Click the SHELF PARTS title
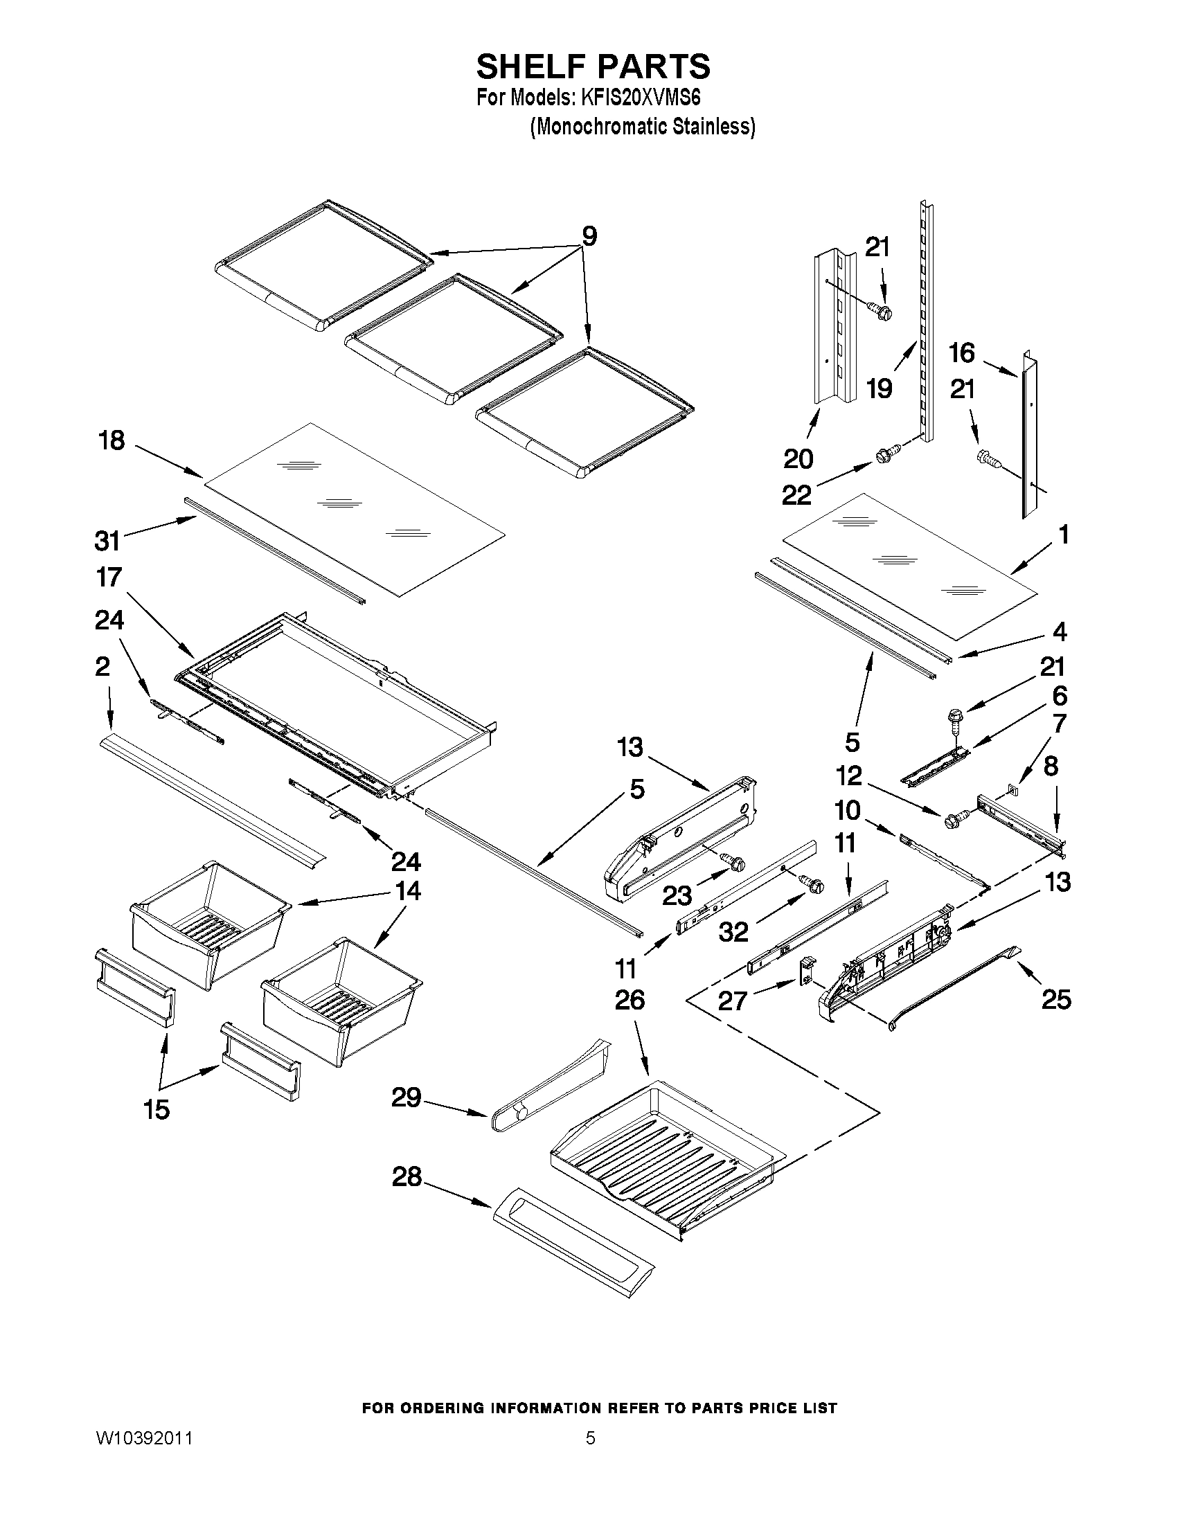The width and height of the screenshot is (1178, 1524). click(x=593, y=67)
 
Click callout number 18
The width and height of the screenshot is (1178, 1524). click(x=111, y=440)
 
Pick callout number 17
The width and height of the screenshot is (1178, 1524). click(x=109, y=577)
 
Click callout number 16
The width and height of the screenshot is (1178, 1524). click(x=962, y=353)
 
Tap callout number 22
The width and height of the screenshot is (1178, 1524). click(x=796, y=496)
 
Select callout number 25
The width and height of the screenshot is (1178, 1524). click(x=1056, y=1000)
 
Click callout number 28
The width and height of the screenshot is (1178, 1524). click(x=407, y=1177)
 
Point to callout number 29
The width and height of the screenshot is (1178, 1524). click(x=406, y=1097)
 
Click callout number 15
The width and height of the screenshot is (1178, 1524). click(x=157, y=1109)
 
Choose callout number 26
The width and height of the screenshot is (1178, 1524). click(x=630, y=1000)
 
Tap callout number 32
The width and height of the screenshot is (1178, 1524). click(x=733, y=931)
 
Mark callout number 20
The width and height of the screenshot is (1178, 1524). click(x=798, y=459)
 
